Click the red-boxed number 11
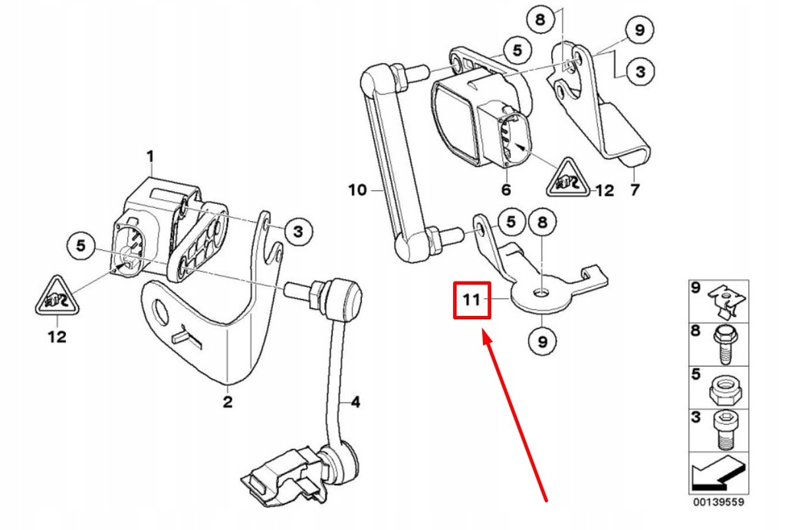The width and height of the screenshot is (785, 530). tap(471, 301)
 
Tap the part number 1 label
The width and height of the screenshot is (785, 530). tap(151, 156)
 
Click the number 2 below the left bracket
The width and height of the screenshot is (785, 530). tap(228, 402)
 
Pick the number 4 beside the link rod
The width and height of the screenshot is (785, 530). tap(355, 402)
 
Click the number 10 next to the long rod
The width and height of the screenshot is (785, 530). tap(357, 189)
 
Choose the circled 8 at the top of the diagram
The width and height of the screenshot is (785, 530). tap(540, 19)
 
